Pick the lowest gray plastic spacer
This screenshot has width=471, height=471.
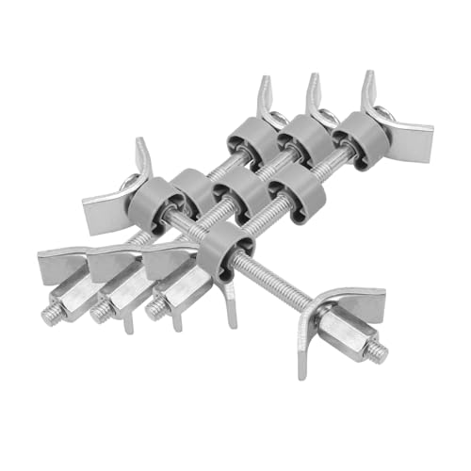coord(223,249)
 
